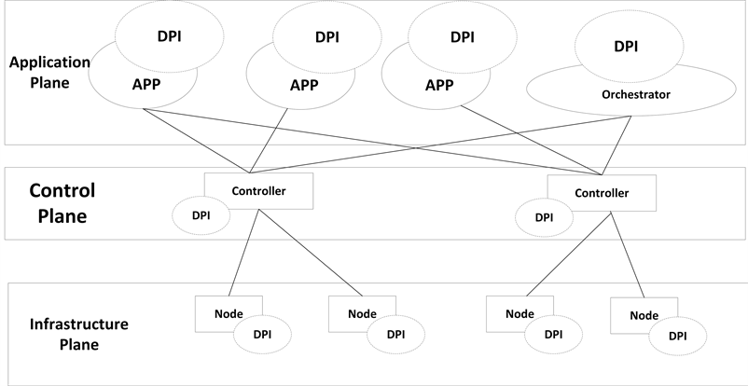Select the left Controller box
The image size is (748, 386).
click(x=259, y=190)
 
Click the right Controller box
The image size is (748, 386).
click(x=601, y=193)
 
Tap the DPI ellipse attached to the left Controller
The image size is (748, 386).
click(x=201, y=214)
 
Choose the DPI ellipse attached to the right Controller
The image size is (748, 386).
click(x=544, y=217)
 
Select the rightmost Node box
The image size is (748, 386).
click(x=644, y=315)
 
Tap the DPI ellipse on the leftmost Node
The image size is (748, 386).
click(x=262, y=334)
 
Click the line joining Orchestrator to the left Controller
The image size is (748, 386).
click(x=438, y=145)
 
